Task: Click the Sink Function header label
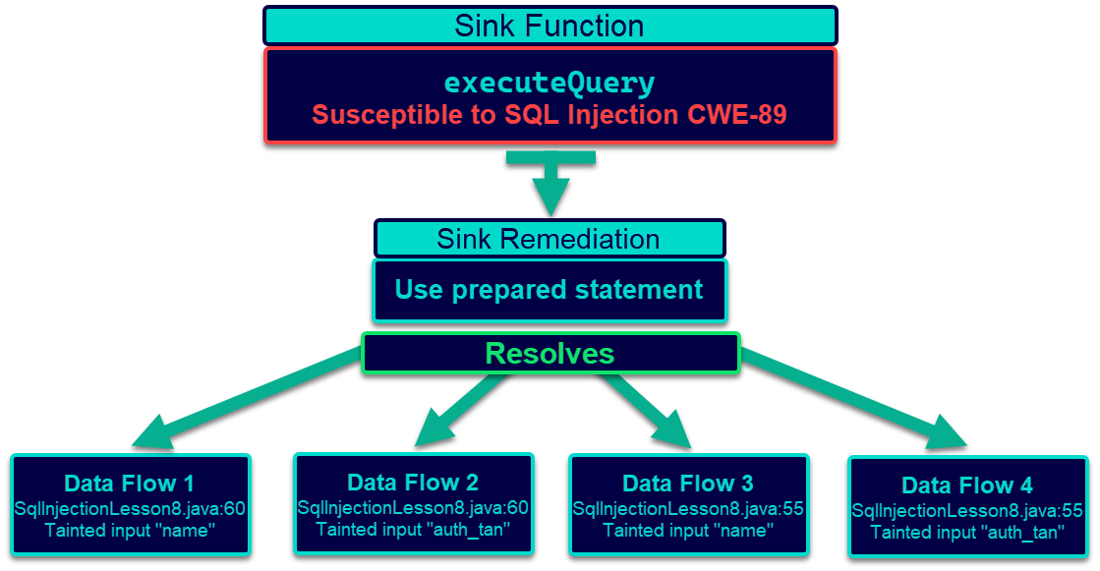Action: coord(549,26)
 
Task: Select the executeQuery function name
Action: coord(549,82)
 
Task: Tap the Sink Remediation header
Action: coord(549,239)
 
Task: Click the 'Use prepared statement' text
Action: coord(549,290)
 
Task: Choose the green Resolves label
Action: coord(550,354)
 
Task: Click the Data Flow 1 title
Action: coord(129,484)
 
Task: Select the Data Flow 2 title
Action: coord(413,483)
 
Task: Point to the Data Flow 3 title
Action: coord(688,484)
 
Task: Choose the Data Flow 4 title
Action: coord(967,485)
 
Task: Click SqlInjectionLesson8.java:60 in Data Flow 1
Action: coord(130,507)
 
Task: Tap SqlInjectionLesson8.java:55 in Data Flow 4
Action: coord(967,510)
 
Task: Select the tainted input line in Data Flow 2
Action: coord(413,530)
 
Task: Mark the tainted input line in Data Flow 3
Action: coord(688,531)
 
